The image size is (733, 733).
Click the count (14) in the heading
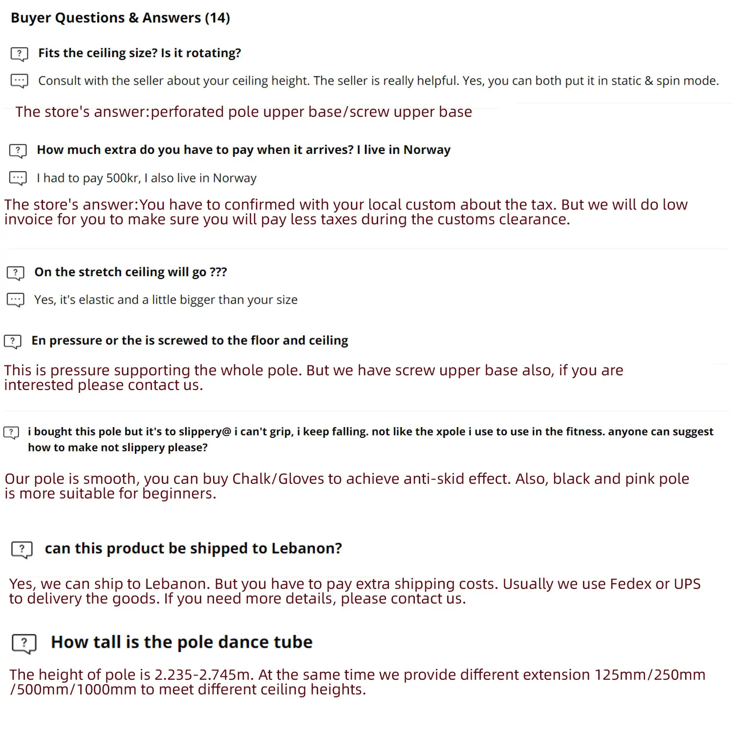(x=217, y=18)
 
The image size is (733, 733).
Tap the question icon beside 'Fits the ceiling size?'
(x=20, y=54)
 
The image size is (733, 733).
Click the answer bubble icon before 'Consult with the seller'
(x=20, y=81)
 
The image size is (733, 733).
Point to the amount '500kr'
(x=123, y=178)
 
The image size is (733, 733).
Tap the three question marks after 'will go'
(x=218, y=272)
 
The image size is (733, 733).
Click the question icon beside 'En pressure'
(x=13, y=341)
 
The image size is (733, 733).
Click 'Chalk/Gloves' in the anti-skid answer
(x=279, y=479)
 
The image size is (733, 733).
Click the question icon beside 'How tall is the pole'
(x=24, y=644)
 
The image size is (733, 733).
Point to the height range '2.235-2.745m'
(x=202, y=675)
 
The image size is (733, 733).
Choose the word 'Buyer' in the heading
(x=30, y=18)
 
